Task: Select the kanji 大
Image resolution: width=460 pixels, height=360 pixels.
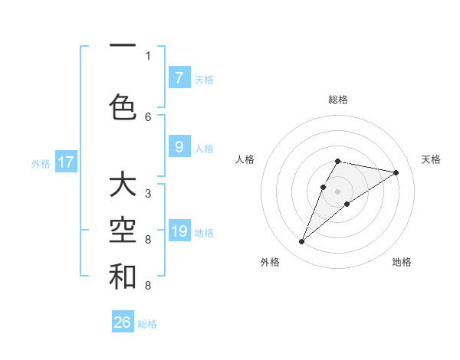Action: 123,184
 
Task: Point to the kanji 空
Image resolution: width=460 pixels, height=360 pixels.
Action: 123,230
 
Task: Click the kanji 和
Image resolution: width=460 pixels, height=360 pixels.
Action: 123,277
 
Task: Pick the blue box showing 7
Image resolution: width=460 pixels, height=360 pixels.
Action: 179,77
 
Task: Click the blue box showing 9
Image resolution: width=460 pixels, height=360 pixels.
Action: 179,147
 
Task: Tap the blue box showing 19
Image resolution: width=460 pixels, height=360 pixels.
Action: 179,231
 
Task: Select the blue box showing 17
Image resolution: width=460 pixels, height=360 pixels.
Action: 66,162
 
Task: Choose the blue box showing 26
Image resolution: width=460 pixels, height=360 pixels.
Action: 123,322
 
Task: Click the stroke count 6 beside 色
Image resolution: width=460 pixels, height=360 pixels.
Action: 148,116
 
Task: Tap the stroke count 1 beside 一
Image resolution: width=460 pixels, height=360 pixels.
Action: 148,55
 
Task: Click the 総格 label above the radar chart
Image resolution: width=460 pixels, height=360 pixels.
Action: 338,100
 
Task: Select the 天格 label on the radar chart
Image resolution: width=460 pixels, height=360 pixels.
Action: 431,159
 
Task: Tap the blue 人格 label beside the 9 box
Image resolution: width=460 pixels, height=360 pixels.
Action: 204,148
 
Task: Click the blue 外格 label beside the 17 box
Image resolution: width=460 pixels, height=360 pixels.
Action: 41,163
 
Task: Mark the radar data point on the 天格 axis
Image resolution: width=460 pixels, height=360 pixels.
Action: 396,172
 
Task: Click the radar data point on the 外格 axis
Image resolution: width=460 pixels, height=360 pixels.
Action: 301,242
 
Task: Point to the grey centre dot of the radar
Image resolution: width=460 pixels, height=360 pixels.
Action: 338,191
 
